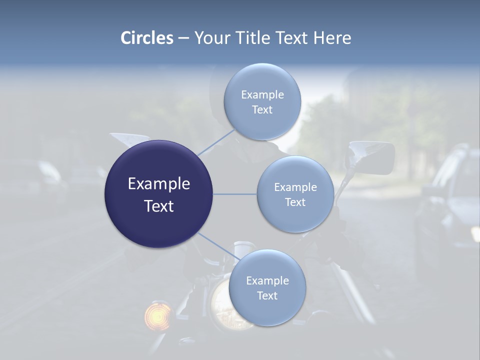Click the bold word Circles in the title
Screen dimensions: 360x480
tap(147, 38)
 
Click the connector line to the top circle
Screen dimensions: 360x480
tap(216, 142)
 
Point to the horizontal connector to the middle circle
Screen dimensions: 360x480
tap(235, 194)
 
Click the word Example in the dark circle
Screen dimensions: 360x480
tap(158, 184)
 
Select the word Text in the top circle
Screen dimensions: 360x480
tap(262, 110)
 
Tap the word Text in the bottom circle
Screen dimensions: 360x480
tap(267, 296)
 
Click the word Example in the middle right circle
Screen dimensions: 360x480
tap(295, 187)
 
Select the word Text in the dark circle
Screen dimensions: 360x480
tap(158, 206)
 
